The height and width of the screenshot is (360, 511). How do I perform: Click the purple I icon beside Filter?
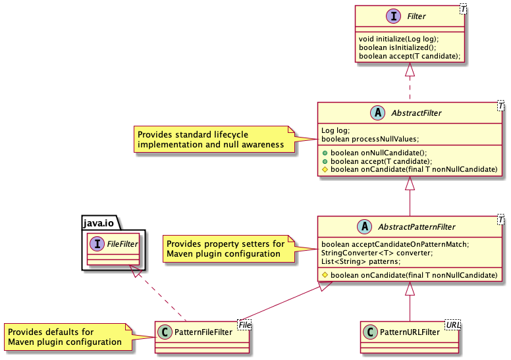tap(393, 16)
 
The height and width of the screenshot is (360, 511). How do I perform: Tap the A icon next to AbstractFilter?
tap(378, 113)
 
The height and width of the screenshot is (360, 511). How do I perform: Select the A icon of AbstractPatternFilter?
tap(365, 226)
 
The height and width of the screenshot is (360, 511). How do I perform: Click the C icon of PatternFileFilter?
tap(165, 332)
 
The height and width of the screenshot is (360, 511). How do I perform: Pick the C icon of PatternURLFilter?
tap(370, 332)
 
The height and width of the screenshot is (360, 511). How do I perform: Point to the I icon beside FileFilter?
tap(97, 244)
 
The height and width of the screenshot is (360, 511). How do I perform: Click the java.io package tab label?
tap(98, 223)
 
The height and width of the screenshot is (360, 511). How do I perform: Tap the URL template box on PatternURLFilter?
tap(452, 324)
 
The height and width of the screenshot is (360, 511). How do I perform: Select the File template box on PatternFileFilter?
tap(244, 324)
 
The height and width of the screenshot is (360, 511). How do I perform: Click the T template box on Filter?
tap(463, 10)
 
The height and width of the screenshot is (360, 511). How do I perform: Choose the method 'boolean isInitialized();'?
tap(397, 47)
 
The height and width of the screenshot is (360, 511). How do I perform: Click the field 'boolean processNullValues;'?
tap(370, 139)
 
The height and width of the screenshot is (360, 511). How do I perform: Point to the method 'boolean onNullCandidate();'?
tap(379, 153)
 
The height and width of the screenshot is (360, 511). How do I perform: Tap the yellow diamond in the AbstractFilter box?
tap(325, 169)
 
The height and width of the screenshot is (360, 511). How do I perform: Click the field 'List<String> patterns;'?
tap(361, 261)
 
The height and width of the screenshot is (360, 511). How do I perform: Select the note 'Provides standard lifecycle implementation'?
tap(215, 139)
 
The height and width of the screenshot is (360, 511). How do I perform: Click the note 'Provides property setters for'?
tap(229, 249)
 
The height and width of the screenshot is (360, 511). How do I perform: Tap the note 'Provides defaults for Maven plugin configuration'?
tap(68, 337)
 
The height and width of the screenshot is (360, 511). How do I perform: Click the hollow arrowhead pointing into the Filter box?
tap(410, 69)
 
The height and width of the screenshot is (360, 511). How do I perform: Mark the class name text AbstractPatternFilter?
tap(416, 227)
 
